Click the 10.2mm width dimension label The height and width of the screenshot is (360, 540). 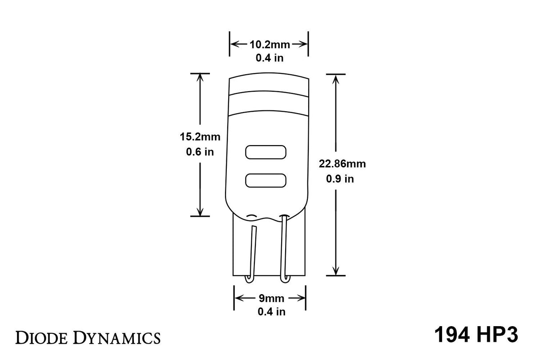pyautogui.click(x=270, y=44)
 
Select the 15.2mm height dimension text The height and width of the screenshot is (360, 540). pyautogui.click(x=200, y=136)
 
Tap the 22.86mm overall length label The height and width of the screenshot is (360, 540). pyautogui.click(x=342, y=164)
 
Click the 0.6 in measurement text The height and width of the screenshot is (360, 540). pyautogui.click(x=200, y=152)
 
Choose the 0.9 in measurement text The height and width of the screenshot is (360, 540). pyautogui.click(x=340, y=179)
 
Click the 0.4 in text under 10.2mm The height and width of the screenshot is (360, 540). pyautogui.click(x=270, y=58)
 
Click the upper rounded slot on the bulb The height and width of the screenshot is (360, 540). pyautogui.click(x=266, y=152)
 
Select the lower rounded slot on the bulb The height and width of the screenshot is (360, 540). pyautogui.click(x=266, y=180)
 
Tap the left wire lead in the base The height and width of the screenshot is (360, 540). pyautogui.click(x=252, y=254)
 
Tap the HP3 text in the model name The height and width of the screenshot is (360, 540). pyautogui.click(x=500, y=335)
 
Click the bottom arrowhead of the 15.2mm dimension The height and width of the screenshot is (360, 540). pyautogui.click(x=200, y=211)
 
